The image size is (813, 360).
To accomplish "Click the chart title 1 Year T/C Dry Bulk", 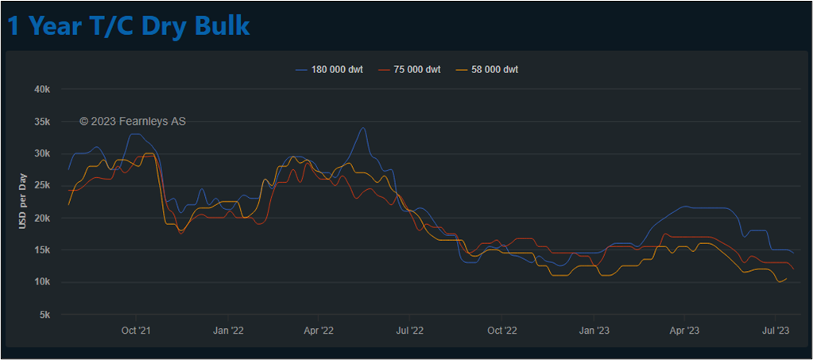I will [129, 25].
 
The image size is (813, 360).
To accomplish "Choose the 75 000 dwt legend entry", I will [416, 69].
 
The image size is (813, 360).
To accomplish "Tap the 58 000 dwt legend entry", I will [494, 69].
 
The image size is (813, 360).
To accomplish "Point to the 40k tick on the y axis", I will [42, 89].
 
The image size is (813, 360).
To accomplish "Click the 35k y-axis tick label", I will [42, 122].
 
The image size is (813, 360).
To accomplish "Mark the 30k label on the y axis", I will [42, 153].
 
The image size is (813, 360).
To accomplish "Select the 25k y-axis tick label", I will [42, 186].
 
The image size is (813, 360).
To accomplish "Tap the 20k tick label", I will [42, 218].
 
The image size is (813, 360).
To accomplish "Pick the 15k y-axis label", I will [42, 250].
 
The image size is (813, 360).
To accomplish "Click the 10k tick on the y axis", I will [42, 282].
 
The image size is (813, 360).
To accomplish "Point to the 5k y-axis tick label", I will [45, 315].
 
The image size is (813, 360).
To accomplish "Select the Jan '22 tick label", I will [228, 330].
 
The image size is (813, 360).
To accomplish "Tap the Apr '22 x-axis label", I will [319, 330].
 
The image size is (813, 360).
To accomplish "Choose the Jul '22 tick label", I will [409, 330].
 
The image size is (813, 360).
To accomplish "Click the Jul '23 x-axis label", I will [776, 330].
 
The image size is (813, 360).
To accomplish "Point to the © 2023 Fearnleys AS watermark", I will [133, 122].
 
